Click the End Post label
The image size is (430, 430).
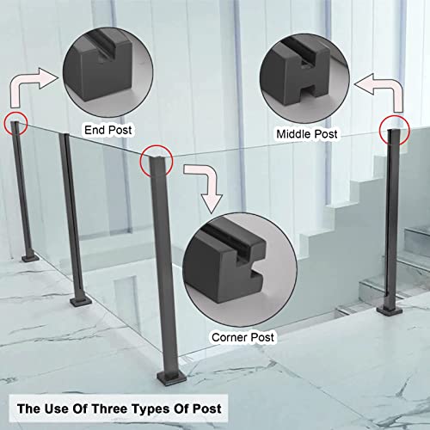coord(108,130)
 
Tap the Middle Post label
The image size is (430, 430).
coord(307,134)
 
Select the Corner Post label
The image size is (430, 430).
coord(243,337)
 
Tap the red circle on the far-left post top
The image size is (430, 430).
coord(15,124)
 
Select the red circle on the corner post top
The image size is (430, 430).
coord(157,161)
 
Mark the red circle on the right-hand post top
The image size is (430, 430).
coord(395,131)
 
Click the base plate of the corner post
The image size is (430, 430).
coord(171,377)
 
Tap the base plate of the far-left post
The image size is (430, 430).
coord(30,258)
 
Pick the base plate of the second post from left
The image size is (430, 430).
coord(81,302)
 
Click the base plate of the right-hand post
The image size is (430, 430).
coord(390,310)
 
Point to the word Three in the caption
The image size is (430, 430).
coord(110,408)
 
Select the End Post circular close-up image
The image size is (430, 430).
coord(107,72)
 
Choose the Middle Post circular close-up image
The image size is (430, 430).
coord(304,78)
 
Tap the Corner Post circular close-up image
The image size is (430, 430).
coord(240,270)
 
